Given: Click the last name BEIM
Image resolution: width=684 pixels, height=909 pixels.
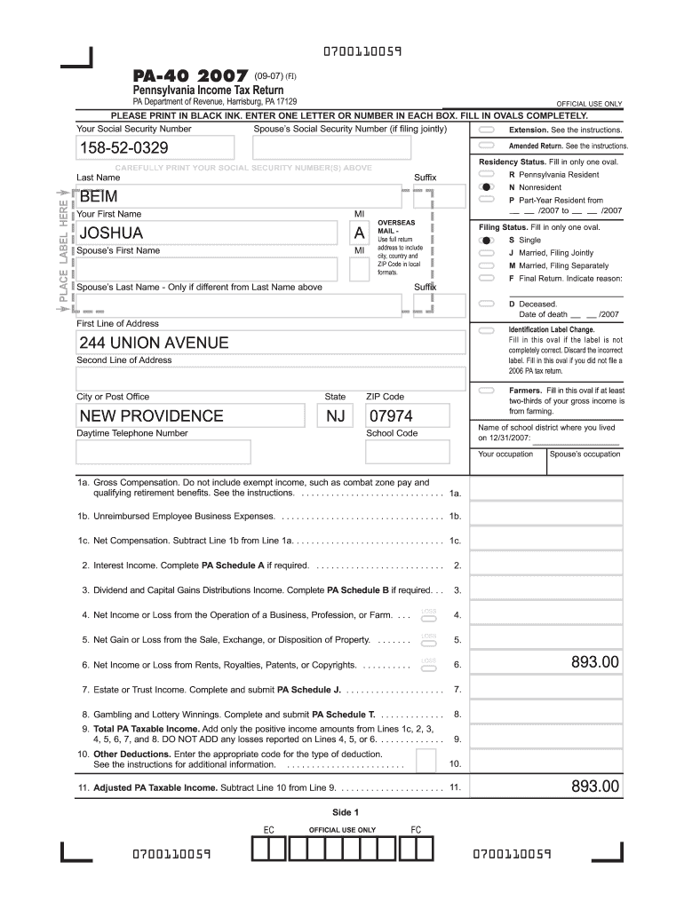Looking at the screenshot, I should click(99, 196).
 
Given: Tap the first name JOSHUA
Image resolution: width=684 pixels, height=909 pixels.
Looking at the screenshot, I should click(111, 233).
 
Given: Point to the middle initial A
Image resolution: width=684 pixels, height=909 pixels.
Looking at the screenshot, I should click(359, 233).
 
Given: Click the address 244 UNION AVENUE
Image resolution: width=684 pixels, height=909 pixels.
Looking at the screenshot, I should click(154, 343).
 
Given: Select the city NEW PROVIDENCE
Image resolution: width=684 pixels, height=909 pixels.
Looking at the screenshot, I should click(151, 416).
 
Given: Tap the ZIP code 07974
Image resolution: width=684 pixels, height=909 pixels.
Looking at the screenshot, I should click(391, 416).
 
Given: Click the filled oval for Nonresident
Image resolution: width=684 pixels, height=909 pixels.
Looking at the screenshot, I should click(486, 188).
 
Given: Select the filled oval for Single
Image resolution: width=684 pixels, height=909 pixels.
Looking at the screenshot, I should click(486, 240).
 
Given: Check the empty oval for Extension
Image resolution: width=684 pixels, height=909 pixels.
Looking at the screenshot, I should click(486, 130).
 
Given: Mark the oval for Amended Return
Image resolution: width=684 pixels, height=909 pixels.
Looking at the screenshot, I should click(486, 146).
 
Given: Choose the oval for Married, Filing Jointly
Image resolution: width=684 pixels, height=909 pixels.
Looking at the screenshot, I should click(486, 253).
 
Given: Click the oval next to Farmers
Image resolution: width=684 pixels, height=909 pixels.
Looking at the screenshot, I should click(486, 391).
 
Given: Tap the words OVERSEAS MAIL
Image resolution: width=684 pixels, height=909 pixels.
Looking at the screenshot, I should click(396, 225).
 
